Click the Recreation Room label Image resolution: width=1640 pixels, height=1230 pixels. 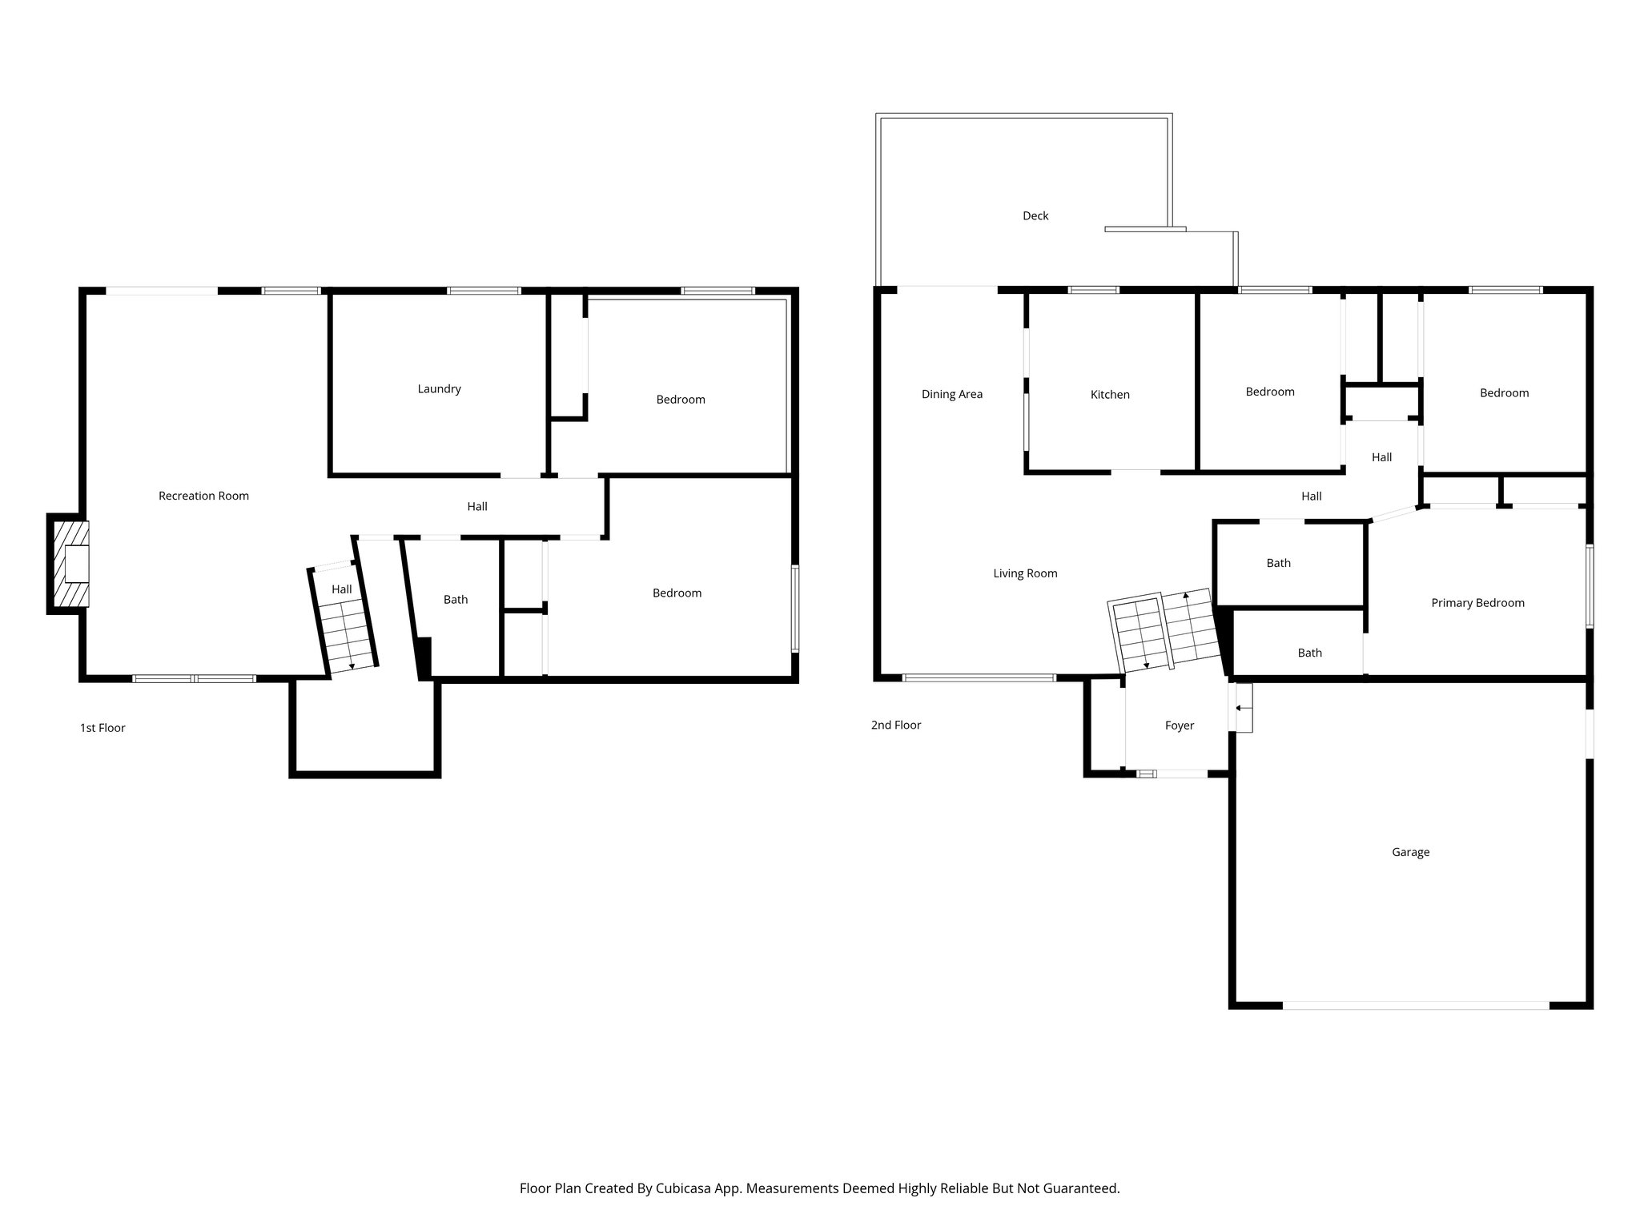203,496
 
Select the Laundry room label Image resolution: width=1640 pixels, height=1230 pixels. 439,389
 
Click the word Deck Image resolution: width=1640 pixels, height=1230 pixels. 1035,216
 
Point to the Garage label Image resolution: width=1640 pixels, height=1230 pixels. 1410,852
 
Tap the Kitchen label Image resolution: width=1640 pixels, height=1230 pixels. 1110,395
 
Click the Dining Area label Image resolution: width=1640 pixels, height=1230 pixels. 951,394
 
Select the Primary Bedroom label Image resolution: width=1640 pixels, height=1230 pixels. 1477,603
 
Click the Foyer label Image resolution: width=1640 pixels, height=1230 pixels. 1180,726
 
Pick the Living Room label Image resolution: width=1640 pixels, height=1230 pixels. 1025,573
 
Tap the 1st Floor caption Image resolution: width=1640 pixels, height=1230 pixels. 102,728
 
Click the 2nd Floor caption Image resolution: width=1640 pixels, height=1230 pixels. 896,725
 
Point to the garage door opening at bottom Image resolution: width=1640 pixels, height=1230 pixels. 1416,1004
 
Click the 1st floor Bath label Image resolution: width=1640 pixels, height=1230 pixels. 456,600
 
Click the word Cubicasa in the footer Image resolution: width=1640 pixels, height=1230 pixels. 686,1188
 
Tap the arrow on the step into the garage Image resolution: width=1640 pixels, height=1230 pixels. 1240,708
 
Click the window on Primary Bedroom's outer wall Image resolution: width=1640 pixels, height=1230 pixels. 1590,585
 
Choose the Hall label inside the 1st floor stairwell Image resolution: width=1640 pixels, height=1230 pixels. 342,589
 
